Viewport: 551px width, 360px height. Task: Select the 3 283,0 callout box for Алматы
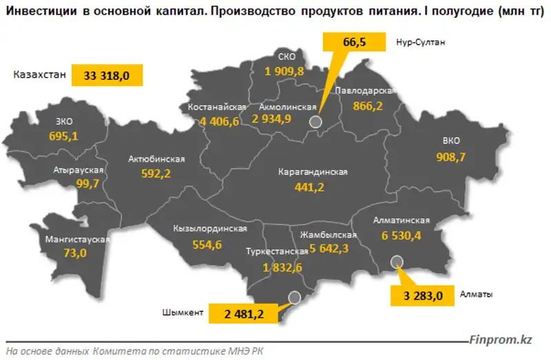click(x=424, y=295)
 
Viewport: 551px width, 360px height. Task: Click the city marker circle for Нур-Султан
click(x=315, y=121)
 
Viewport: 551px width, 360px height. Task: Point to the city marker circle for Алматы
click(x=396, y=261)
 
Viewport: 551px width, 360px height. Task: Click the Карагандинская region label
click(x=313, y=172)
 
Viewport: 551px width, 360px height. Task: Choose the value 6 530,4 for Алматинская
click(x=402, y=235)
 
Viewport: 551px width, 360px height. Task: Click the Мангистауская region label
click(x=78, y=240)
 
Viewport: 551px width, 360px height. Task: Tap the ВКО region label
click(x=451, y=142)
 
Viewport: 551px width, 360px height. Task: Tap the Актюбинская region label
click(x=156, y=160)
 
